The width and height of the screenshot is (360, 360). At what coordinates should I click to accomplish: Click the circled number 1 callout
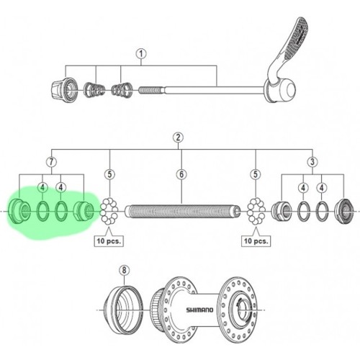click(141, 54)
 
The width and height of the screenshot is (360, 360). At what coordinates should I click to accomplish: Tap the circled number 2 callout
click(178, 138)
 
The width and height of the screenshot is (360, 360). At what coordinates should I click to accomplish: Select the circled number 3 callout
click(312, 162)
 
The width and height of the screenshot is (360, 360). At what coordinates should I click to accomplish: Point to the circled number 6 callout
click(181, 174)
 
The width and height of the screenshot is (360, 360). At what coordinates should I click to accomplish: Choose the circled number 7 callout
click(52, 162)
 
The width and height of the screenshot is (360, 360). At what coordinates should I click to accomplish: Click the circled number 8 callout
click(124, 270)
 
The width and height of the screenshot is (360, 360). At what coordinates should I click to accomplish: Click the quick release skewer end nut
click(64, 89)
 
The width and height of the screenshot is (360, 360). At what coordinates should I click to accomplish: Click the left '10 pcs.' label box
click(109, 240)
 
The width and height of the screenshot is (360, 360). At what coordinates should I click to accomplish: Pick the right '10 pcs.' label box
click(256, 240)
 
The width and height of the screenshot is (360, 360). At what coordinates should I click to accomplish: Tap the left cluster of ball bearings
click(109, 211)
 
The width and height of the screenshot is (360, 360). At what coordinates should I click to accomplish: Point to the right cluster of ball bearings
click(256, 211)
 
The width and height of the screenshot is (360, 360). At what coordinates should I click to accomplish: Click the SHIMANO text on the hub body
click(199, 310)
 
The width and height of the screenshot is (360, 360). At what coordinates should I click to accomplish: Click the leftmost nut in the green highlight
click(19, 211)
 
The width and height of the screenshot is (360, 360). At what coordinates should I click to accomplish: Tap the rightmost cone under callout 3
click(344, 211)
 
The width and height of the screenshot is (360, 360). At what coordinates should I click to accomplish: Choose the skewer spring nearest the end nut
click(94, 90)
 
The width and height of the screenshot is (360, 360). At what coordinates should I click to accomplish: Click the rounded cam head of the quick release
click(282, 90)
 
